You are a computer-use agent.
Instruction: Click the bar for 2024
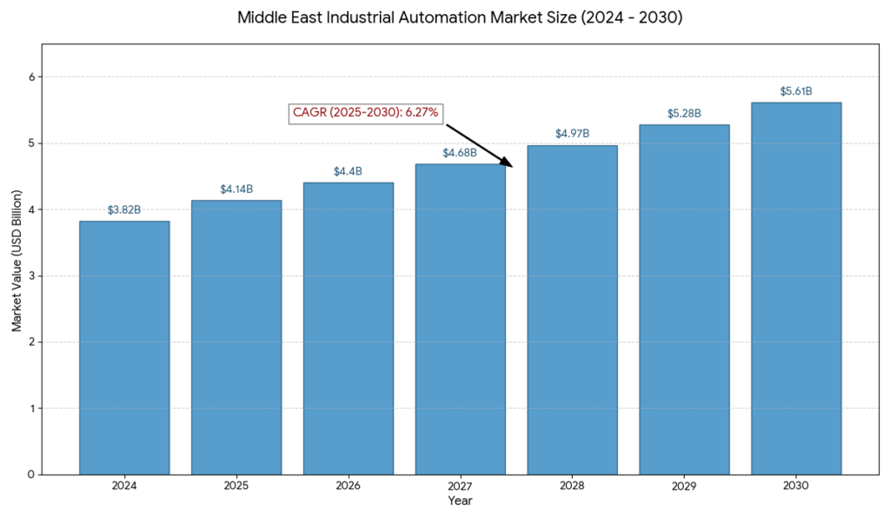click(124, 348)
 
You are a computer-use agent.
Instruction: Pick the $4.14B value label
click(236, 189)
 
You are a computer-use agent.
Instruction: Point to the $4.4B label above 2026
click(349, 171)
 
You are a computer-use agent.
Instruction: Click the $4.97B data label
click(573, 134)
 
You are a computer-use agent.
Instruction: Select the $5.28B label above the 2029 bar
click(684, 113)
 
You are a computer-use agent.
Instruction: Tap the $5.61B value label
click(796, 91)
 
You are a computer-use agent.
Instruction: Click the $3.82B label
click(124, 210)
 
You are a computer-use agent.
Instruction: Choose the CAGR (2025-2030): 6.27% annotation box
click(365, 113)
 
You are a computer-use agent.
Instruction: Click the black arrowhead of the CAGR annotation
click(507, 162)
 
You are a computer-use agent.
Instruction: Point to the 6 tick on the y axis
click(30, 77)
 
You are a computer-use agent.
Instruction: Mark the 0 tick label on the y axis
click(30, 475)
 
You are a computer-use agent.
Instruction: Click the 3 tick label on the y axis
click(30, 276)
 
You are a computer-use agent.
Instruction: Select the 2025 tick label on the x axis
click(236, 487)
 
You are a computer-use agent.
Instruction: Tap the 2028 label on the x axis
click(573, 487)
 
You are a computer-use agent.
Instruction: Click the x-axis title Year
click(460, 501)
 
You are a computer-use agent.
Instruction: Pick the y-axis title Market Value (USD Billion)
click(16, 275)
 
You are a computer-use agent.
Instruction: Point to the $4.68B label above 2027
click(460, 153)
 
